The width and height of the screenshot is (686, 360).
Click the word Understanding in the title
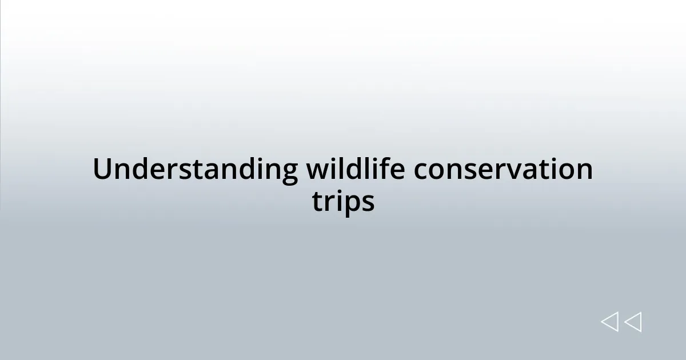195,170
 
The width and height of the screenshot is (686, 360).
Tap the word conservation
503,170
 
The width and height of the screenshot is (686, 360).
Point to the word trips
343,202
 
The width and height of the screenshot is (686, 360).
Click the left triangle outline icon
609,322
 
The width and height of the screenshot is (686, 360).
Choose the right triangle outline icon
633,322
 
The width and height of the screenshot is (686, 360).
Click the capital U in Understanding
101,170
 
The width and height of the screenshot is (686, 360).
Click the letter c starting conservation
420,171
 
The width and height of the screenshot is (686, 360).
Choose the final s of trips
368,202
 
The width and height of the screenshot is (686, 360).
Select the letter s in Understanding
197,171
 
